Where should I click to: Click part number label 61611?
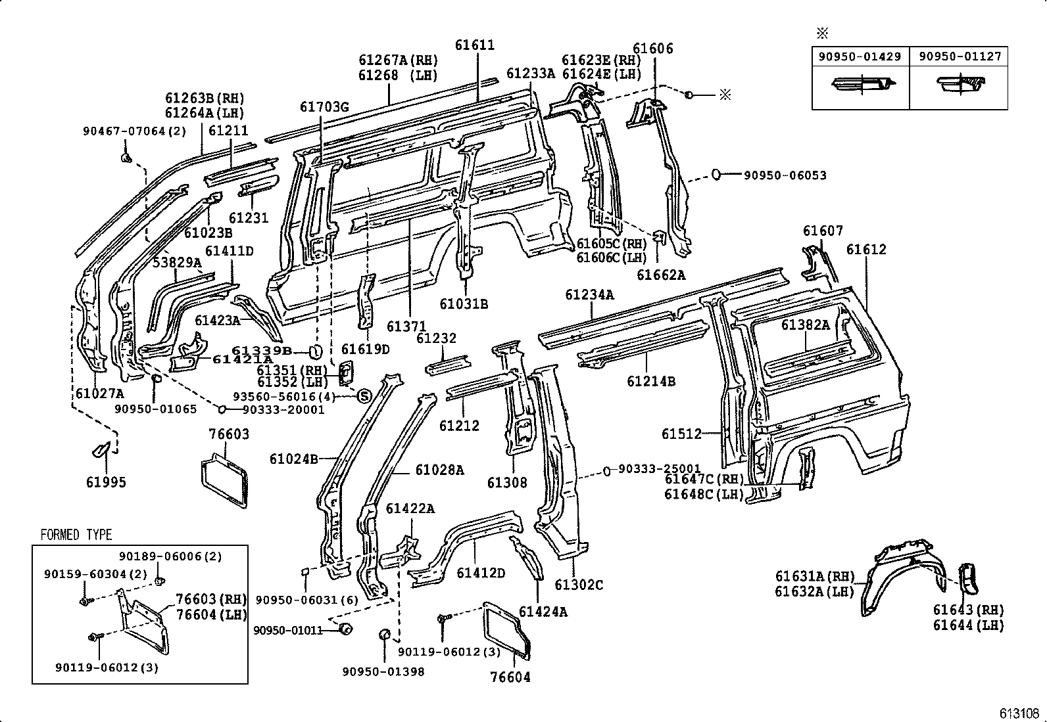pos(474,45)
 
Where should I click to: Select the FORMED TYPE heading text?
pos(76,535)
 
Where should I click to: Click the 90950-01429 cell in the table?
pos(860,57)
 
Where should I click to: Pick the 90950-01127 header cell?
pos(959,57)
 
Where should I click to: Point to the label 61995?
pos(105,482)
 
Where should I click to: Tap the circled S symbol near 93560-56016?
pos(364,395)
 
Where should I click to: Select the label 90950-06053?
pos(785,175)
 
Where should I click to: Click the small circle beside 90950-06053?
pos(716,175)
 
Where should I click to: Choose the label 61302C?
pos(579,585)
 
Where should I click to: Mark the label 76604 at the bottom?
pos(510,677)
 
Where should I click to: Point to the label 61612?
pos(866,250)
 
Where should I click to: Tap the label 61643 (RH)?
pos(968,610)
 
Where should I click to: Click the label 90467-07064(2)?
pos(135,131)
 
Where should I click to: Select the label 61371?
pos(406,327)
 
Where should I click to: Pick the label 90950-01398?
pos(383,671)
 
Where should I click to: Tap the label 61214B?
pos(650,381)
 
